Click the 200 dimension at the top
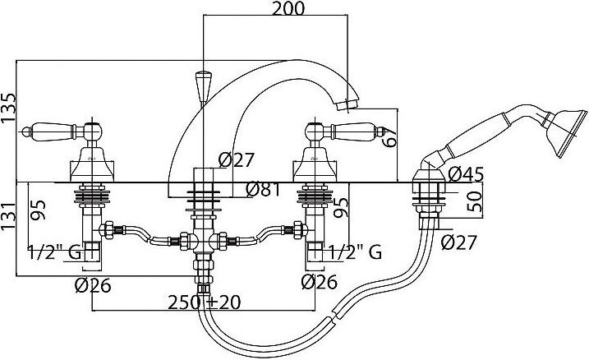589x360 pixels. (288, 8)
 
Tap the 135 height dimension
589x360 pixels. (9, 108)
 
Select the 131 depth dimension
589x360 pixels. (9, 222)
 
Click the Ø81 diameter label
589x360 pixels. (264, 189)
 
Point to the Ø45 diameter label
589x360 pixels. (466, 174)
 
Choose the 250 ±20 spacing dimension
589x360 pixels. (204, 302)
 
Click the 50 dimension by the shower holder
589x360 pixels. (474, 202)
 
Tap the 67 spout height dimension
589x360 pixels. (389, 137)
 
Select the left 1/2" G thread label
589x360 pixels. (54, 252)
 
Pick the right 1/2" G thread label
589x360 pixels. (356, 252)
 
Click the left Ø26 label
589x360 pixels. (93, 285)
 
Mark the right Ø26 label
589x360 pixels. (320, 282)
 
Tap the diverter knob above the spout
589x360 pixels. (203, 86)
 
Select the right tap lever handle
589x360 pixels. (346, 132)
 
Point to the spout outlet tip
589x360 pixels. (347, 105)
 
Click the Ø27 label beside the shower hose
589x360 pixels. (458, 242)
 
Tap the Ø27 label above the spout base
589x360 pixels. (237, 160)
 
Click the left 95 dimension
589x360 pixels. (38, 210)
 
